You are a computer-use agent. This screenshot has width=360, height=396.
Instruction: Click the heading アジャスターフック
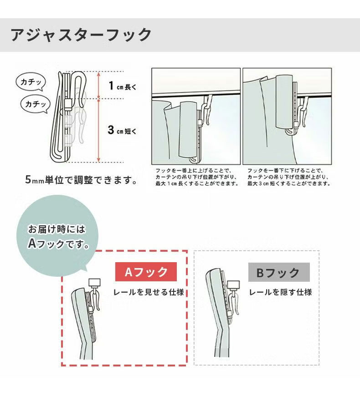coord(81,35)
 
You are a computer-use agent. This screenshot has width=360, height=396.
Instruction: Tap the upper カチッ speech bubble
coord(31,82)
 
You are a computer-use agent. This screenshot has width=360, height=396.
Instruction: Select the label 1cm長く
coord(122,86)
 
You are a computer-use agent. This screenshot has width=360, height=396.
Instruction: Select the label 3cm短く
coord(122,131)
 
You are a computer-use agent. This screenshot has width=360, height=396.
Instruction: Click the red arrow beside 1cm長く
coord(99,85)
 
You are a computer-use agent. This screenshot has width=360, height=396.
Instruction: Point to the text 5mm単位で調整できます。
coord(82,180)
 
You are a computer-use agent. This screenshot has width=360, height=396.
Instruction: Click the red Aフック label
coord(145,272)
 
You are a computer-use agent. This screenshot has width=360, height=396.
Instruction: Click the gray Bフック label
coord(278,273)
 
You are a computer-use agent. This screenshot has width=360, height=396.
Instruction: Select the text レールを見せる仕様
coord(148,292)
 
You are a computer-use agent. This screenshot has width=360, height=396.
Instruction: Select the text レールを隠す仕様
coord(280,292)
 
